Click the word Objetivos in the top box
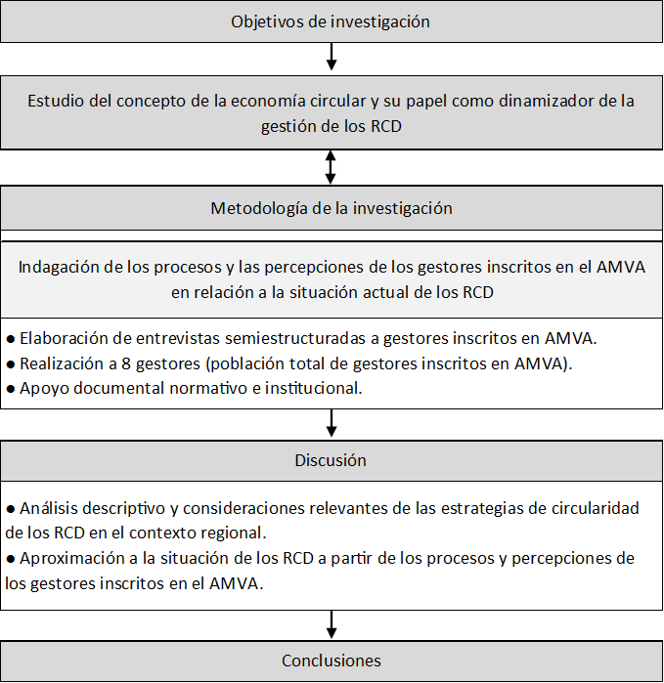point(265,21)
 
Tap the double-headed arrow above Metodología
point(332,165)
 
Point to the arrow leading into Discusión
point(332,421)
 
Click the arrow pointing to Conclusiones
point(332,623)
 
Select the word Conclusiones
point(332,661)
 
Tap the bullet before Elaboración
point(11,339)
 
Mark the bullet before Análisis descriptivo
point(11,509)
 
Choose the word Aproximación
point(66,558)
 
